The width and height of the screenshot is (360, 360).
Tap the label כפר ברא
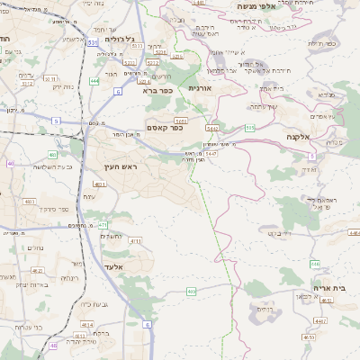click(x=155, y=90)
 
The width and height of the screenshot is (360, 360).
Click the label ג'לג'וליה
click(x=120, y=39)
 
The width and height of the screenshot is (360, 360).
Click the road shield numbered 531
click(x=94, y=42)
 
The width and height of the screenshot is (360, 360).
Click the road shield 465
click(x=192, y=292)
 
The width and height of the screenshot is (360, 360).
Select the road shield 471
click(x=103, y=224)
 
